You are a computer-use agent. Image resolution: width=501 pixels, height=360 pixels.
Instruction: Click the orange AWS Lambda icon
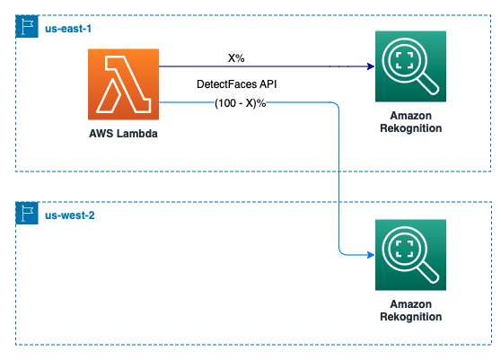[x=123, y=84]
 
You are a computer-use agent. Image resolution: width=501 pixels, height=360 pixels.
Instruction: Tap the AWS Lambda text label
[x=123, y=134]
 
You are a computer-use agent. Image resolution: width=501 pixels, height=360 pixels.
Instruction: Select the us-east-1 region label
[x=68, y=29]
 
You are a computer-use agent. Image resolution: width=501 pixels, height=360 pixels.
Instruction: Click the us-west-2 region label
[x=70, y=215]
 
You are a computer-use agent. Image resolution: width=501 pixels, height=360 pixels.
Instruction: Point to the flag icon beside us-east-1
[x=27, y=27]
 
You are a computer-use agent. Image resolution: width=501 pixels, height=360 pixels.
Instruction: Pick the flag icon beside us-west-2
[x=27, y=213]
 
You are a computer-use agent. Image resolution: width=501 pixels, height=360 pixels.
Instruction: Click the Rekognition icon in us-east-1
[x=410, y=66]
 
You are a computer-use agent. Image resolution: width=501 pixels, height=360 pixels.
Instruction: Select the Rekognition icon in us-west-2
[x=410, y=255]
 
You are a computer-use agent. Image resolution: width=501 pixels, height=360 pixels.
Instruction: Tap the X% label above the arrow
[x=236, y=58]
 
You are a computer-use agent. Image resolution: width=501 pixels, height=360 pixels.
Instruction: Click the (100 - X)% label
[x=241, y=103]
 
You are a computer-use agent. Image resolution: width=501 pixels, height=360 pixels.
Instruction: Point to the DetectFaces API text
[x=236, y=84]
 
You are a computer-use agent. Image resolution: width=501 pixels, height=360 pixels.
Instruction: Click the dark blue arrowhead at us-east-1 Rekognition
[x=371, y=66]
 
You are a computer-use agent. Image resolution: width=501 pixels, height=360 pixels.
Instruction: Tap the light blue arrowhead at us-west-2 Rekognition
[x=371, y=255]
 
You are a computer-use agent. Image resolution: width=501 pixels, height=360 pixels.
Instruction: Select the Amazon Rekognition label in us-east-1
[x=411, y=122]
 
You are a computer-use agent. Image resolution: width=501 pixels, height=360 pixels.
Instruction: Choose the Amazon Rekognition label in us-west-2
[x=411, y=311]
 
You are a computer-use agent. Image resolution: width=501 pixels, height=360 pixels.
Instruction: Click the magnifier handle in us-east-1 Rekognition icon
[x=428, y=83]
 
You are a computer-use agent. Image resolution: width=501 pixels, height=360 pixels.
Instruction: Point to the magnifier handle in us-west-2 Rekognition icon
[x=428, y=272]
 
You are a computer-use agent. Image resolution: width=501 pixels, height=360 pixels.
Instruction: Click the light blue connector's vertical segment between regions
[x=338, y=179]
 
